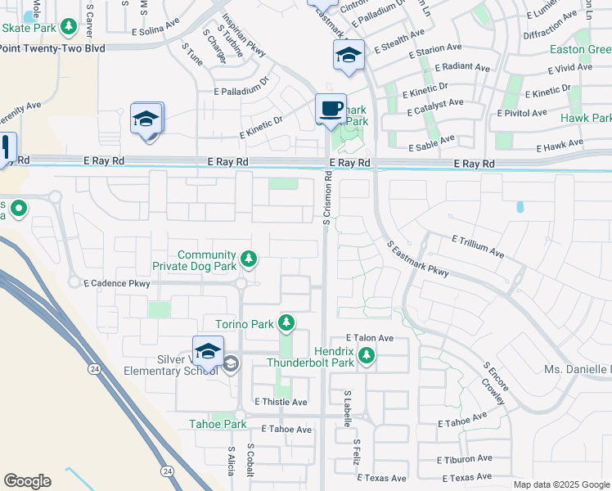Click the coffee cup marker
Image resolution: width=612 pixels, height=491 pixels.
point(331,109)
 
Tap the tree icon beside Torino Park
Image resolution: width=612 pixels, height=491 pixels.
point(286,324)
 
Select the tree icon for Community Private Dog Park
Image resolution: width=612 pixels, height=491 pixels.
point(250,260)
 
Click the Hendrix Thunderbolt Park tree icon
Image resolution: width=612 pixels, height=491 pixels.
point(367,355)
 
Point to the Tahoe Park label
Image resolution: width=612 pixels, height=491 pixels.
point(218,424)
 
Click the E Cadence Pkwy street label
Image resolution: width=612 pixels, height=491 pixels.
point(117,284)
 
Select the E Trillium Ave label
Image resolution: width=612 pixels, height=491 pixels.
point(478,245)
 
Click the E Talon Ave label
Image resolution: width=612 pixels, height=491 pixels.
point(370,337)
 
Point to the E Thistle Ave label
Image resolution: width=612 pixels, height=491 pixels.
point(281,402)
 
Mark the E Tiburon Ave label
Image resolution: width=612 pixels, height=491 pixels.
point(465,459)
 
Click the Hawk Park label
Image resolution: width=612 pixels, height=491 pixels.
point(586,119)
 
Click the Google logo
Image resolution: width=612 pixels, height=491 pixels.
point(27,481)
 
